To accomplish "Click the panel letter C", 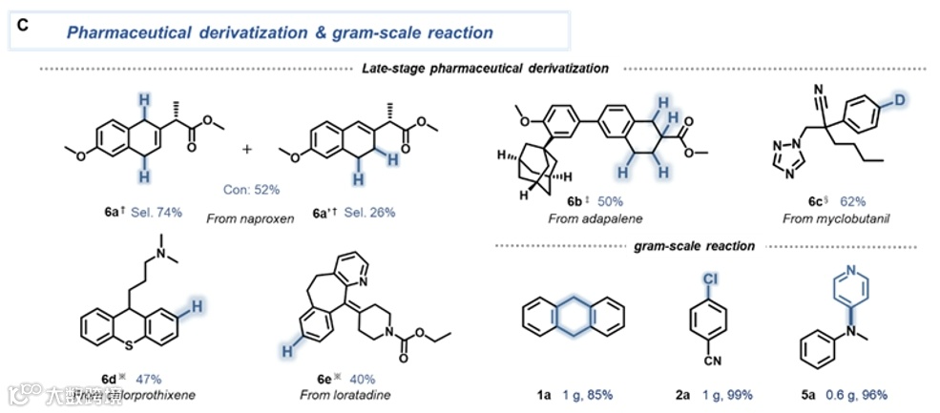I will (x=23, y=24).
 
